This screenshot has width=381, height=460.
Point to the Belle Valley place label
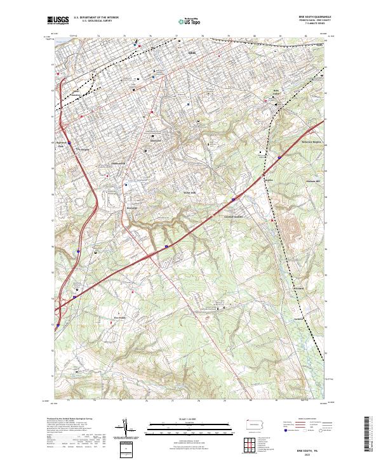point(276,93)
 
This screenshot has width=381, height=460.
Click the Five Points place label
point(121,319)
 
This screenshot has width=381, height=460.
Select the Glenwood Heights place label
point(234,215)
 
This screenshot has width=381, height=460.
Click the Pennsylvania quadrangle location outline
point(257,423)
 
